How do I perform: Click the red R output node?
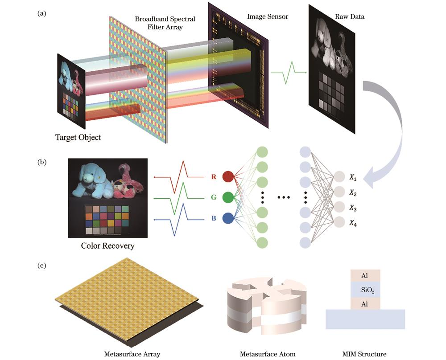tap(228, 176)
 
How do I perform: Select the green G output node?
tap(228, 197)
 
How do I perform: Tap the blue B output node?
tap(228, 218)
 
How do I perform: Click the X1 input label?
tap(353, 178)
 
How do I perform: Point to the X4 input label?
tap(353, 223)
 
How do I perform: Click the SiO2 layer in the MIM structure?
tap(365, 290)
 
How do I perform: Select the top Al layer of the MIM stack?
tap(365, 276)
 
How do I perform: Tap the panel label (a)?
tap(42, 13)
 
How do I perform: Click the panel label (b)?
tap(42, 162)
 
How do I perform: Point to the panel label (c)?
tap(42, 266)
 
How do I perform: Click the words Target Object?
tap(78, 138)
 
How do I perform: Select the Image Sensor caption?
tap(267, 16)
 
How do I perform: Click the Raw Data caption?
tap(349, 16)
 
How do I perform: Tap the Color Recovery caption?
tap(107, 246)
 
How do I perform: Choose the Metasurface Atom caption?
tap(268, 354)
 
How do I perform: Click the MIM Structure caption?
tap(364, 354)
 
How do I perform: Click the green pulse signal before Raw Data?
tap(289, 73)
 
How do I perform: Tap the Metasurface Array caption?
tap(132, 354)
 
